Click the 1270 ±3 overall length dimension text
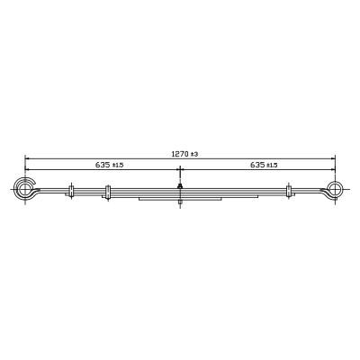point(185,154)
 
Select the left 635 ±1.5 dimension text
point(110,165)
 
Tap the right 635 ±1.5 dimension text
point(264,165)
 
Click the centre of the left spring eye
point(25,189)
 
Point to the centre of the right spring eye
point(335,189)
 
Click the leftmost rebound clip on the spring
point(71,191)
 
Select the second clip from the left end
point(108,193)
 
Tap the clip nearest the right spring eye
point(289,191)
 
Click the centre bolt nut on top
point(180,186)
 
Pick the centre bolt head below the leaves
point(180,202)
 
